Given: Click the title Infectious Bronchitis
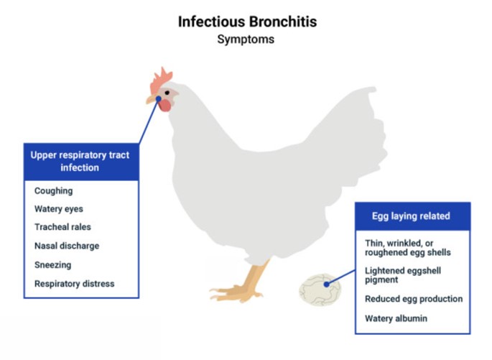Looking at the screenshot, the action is point(247,22).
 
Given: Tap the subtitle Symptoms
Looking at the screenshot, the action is point(246,40).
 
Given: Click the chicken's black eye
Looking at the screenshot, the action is point(167,93).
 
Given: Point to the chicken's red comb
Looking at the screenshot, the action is point(160,80).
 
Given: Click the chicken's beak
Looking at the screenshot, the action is point(152,99).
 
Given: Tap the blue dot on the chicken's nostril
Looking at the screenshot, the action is point(159,99).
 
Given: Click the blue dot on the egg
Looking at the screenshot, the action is point(327,285).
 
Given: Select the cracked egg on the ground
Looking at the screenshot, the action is point(320,290).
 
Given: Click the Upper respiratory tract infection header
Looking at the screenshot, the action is point(81,162).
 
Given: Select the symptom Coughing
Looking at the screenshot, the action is point(54,191).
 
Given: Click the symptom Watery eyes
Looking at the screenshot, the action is point(59,209).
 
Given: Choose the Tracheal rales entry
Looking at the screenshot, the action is point(62,227).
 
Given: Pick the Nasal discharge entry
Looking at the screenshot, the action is point(67,246).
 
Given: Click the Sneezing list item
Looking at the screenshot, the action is point(52,265).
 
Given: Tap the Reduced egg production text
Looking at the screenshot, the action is point(414,299).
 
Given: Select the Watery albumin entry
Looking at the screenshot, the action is point(396,318).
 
